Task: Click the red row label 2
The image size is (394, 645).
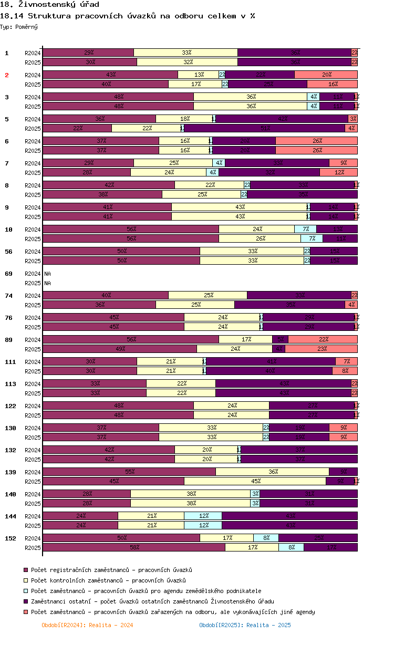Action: [7, 75]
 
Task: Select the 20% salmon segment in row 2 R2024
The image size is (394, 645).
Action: [326, 75]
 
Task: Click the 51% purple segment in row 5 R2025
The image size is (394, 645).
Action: [265, 128]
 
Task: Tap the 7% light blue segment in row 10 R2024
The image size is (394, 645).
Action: [305, 229]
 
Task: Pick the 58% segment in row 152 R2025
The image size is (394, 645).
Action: [134, 547]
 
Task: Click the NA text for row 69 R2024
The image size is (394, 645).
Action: [48, 274]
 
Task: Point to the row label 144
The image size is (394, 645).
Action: [10, 516]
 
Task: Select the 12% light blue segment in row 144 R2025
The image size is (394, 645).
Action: [203, 525]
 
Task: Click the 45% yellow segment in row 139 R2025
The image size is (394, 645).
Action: [255, 481]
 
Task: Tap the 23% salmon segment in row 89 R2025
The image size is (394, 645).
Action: [321, 349]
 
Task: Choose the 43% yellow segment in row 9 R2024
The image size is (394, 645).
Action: [240, 207]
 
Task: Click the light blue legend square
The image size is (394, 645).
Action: [25, 591]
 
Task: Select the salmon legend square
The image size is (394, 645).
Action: [25, 612]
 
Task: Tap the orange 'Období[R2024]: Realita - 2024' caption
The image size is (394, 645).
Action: [87, 625]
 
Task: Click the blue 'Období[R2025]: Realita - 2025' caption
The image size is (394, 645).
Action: [245, 625]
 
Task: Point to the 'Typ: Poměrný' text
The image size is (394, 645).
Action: [19, 26]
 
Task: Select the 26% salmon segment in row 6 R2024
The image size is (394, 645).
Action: [316, 141]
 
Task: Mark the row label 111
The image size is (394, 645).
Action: [10, 362]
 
